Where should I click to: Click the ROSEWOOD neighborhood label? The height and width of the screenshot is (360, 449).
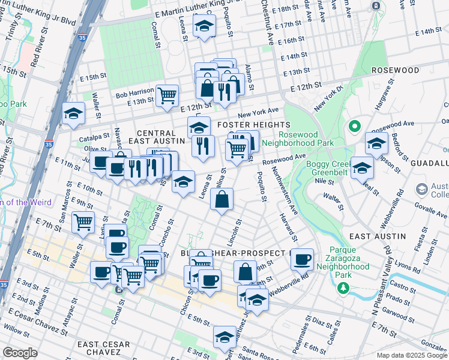(x=395, y=70)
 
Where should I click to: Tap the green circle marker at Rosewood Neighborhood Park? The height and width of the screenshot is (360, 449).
(x=354, y=127)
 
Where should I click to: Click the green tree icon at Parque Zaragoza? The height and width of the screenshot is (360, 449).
(x=343, y=289)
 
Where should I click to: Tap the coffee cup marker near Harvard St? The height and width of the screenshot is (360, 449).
(x=302, y=259)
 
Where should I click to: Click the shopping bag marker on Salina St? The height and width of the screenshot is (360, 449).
(x=221, y=199)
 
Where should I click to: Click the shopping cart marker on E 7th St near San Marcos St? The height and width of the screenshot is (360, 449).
(x=83, y=221)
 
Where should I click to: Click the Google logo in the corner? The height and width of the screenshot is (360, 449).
(x=20, y=352)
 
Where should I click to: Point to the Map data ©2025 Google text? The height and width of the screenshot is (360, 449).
(x=411, y=355)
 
